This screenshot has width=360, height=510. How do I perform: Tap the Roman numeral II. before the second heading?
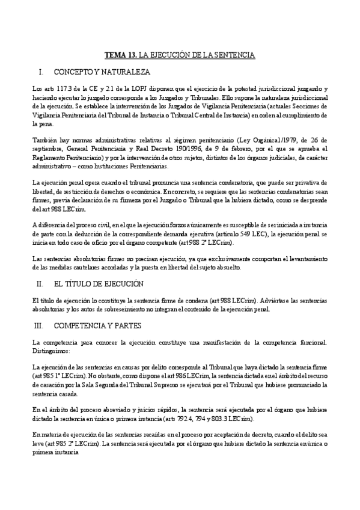pos(40,283)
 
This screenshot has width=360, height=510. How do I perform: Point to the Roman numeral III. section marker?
pos(41,325)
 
